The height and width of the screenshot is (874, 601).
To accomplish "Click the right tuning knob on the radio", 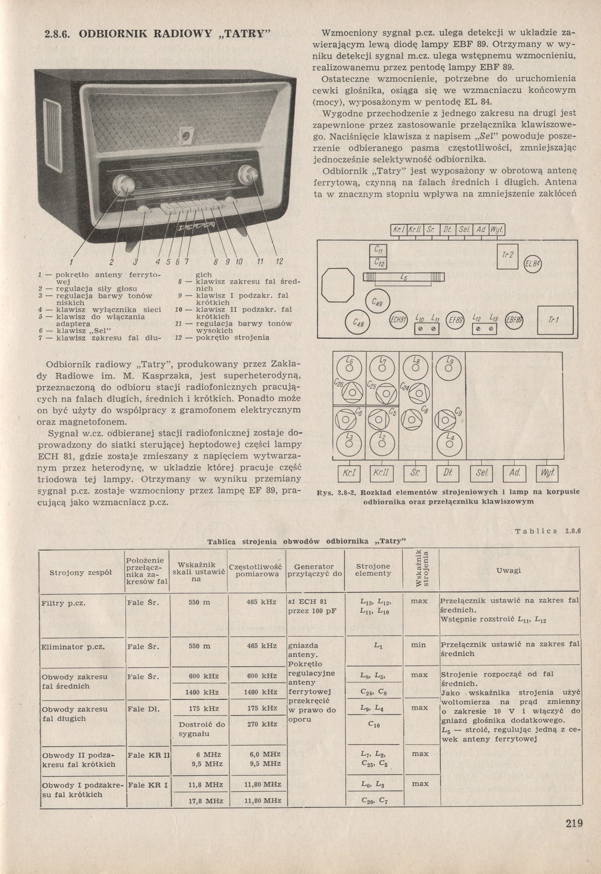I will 248,175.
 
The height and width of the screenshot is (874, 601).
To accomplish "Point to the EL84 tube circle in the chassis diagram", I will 533,264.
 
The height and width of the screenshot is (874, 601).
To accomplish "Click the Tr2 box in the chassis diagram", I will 507,255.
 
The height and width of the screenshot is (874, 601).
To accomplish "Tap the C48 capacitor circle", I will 358,324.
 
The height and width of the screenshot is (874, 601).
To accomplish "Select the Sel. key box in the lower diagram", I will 481,473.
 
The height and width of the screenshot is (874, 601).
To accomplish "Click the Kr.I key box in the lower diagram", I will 348,473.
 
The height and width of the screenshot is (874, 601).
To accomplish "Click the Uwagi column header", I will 508,570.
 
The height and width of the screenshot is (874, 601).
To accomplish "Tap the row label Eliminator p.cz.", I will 73,647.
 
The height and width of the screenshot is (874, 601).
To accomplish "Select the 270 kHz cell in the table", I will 262,724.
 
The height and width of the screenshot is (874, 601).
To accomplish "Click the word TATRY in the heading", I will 246,35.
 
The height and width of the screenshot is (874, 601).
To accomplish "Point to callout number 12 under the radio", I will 279,261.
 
